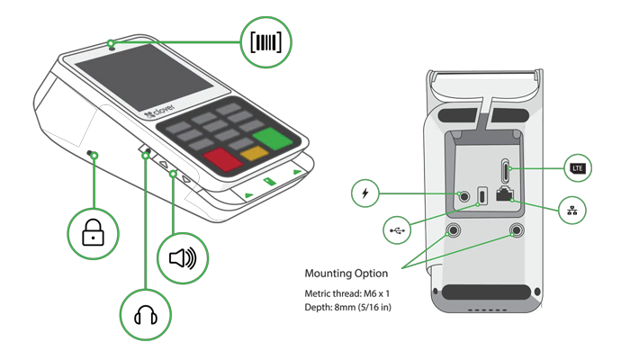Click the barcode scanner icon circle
pos(266,42)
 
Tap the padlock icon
pos(93,232)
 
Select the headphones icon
pos(146,315)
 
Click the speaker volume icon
pos(183,258)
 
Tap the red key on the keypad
pos(222,160)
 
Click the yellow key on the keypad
pos(255,153)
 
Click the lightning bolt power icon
pos(364,193)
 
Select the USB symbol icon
pos(397,230)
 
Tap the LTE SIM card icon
pos(578,168)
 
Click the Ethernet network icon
pos(572,210)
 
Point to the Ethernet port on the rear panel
pos(505,193)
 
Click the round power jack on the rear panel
pos(464,196)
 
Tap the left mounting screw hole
pos(454,230)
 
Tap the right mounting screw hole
pos(517,230)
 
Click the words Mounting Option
pos(346,274)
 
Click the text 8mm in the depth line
pos(345,308)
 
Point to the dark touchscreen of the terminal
pos(144,77)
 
